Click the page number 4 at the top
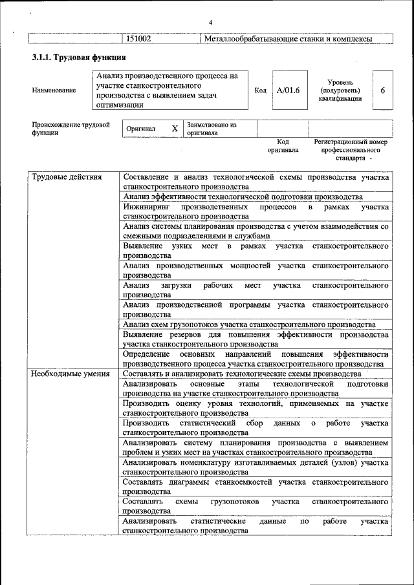(x=210, y=24)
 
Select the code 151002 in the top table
(x=138, y=39)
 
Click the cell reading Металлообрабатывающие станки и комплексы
(x=288, y=39)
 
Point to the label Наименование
(x=54, y=90)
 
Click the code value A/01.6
(x=288, y=90)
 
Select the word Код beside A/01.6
(x=261, y=90)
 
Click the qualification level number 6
(x=382, y=90)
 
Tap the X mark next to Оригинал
(x=175, y=129)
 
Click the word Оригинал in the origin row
(x=140, y=129)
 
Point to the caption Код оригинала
(x=283, y=145)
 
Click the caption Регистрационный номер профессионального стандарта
(x=350, y=149)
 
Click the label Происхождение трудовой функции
(x=70, y=129)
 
